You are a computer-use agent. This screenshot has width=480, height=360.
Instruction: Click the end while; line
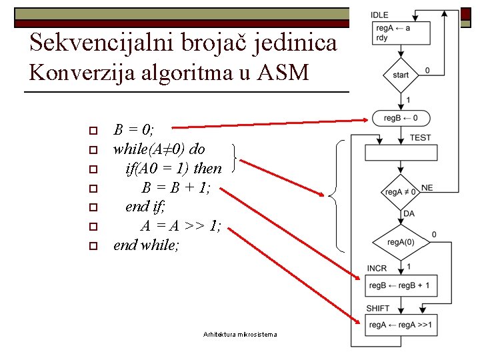(147, 245)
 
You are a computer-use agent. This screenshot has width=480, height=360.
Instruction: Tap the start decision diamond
(401, 75)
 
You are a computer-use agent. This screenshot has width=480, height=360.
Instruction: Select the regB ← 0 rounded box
(401, 118)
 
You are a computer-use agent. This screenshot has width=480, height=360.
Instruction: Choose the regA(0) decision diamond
(401, 241)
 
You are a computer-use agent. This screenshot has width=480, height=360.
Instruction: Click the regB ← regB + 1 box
(401, 285)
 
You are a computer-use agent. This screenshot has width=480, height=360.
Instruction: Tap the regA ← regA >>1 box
(401, 325)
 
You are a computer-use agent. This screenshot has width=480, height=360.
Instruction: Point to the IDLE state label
(379, 15)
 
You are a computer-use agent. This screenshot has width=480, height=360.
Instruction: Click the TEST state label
(421, 137)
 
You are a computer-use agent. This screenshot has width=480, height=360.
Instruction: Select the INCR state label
(377, 269)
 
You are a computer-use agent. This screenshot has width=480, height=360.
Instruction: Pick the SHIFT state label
(378, 308)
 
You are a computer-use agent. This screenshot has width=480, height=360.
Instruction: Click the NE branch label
(427, 188)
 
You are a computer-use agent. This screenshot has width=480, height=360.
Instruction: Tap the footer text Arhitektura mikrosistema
(239, 334)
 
